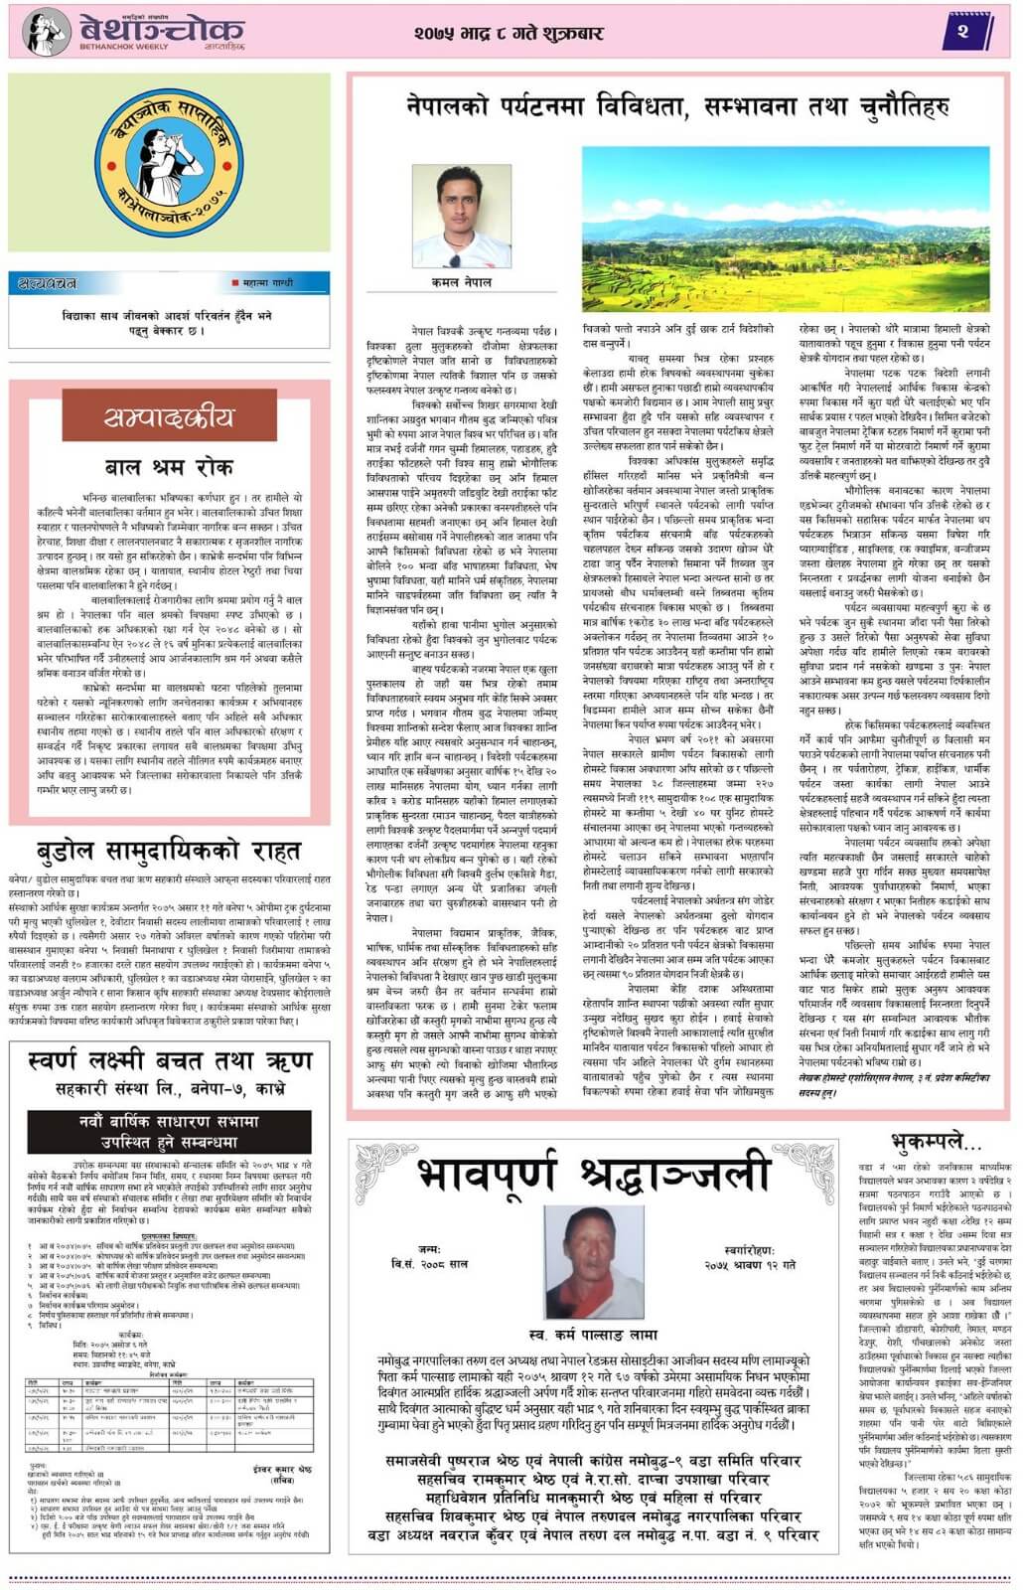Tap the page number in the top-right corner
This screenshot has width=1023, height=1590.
click(961, 32)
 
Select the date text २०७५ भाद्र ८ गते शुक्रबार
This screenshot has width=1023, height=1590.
click(509, 33)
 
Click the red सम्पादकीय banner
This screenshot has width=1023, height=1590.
click(169, 416)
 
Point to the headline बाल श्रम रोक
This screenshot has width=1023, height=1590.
click(169, 467)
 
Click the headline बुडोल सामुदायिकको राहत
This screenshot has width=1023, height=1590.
click(169, 852)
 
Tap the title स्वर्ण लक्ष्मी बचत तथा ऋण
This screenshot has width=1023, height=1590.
click(169, 1061)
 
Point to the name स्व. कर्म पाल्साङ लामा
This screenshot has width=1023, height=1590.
click(594, 1337)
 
